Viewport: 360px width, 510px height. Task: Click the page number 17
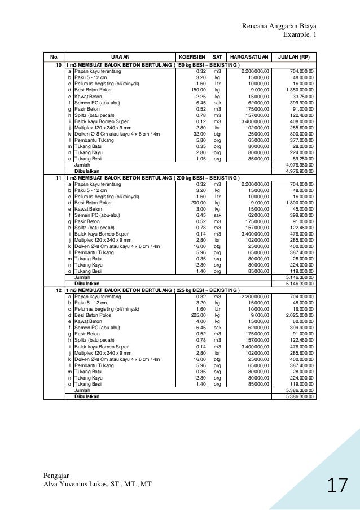click(x=337, y=485)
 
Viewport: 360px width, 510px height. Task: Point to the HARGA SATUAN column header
click(x=247, y=58)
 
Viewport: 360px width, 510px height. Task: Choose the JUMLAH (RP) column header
click(x=293, y=58)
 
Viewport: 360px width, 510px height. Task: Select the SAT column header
click(x=217, y=58)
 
